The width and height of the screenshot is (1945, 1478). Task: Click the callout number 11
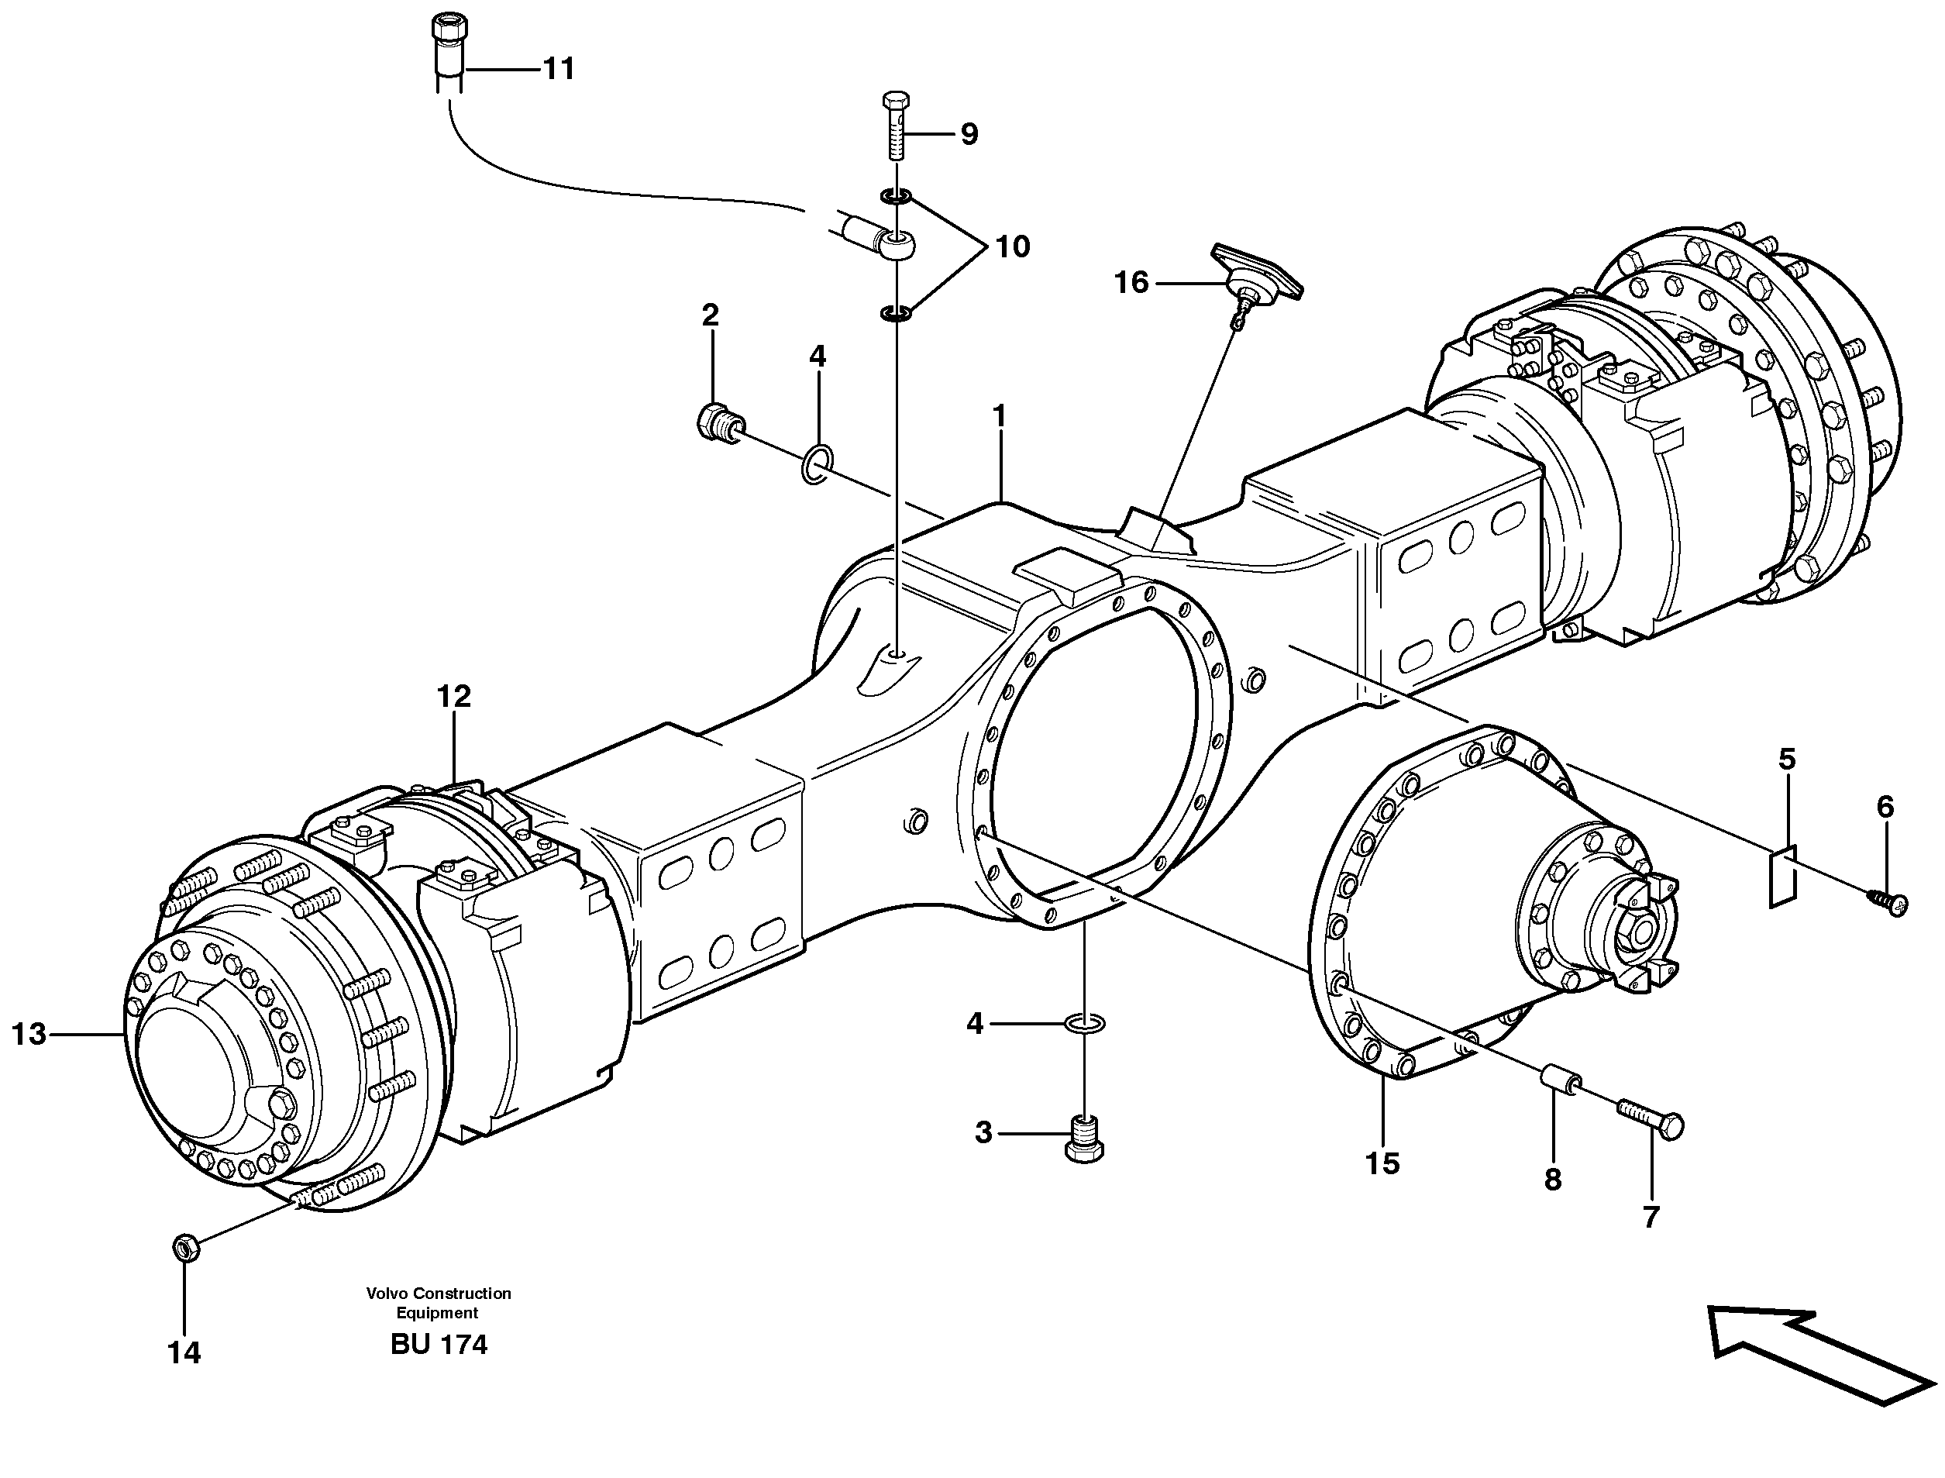[x=559, y=69]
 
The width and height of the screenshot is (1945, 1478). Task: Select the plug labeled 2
[x=717, y=423]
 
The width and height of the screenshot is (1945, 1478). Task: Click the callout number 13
[x=29, y=1034]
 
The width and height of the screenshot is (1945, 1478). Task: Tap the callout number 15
[x=1382, y=1164]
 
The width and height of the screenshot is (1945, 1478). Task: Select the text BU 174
[x=439, y=1344]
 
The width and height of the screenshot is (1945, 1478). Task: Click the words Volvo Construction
[x=438, y=1294]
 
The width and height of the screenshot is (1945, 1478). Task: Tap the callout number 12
[x=454, y=697]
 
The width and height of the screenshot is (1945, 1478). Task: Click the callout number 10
[x=1012, y=247]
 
